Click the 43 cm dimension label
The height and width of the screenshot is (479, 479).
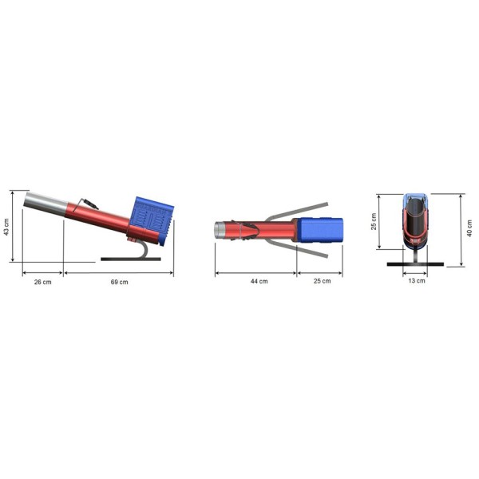[6, 227]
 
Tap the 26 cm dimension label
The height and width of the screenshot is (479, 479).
[43, 282]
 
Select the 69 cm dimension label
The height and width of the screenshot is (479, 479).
[120, 282]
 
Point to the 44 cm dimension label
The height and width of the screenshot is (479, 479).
[259, 281]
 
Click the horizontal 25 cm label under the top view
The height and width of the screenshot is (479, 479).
[322, 281]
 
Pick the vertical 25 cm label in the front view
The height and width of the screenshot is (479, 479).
[374, 221]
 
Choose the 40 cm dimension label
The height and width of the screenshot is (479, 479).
[469, 228]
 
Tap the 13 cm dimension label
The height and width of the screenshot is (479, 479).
[417, 280]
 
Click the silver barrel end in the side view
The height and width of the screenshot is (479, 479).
[46, 203]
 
